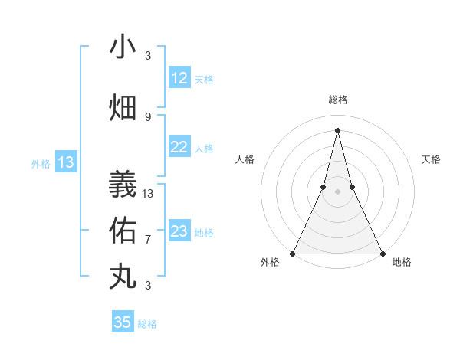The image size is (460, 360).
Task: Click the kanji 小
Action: click(x=123, y=47)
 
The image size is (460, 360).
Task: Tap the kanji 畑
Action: click(x=123, y=108)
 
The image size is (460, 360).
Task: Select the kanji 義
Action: click(x=123, y=184)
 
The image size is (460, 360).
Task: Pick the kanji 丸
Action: click(x=123, y=276)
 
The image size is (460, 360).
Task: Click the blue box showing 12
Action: click(x=179, y=78)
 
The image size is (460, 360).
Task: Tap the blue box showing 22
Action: click(x=179, y=147)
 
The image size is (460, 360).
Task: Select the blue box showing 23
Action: click(x=179, y=231)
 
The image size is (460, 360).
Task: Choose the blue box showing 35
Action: click(x=123, y=322)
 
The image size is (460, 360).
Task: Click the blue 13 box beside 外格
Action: click(x=66, y=162)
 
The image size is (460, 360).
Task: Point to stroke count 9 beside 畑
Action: click(x=148, y=116)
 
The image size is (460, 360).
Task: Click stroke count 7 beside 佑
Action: click(x=148, y=239)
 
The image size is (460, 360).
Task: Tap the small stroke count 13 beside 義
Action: click(x=148, y=193)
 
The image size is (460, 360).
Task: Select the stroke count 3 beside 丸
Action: click(x=148, y=286)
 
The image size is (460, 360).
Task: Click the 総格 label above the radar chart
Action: click(x=338, y=100)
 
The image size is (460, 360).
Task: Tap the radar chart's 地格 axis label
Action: click(x=402, y=263)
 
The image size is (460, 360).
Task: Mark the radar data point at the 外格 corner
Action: click(x=293, y=253)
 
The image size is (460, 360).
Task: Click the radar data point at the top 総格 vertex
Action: click(x=338, y=130)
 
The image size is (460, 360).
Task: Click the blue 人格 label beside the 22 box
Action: click(x=204, y=148)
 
